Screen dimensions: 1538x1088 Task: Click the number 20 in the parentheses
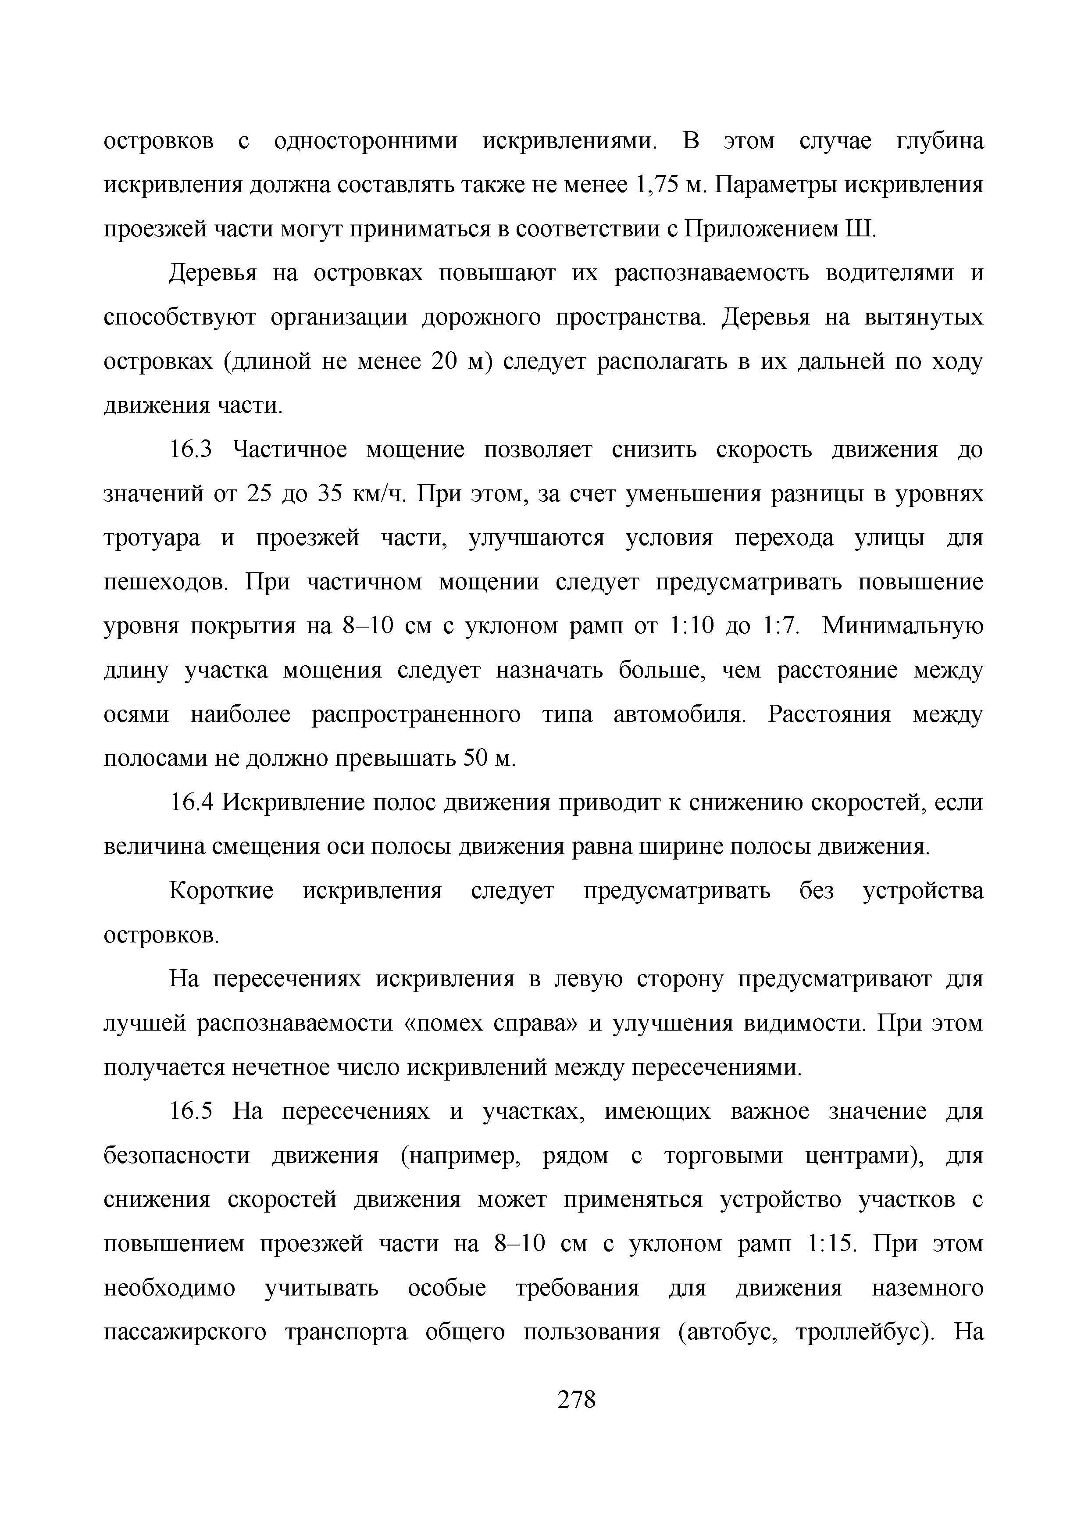tap(443, 362)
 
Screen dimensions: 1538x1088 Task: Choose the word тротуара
tap(152, 539)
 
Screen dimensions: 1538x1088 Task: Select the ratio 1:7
tap(781, 626)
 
